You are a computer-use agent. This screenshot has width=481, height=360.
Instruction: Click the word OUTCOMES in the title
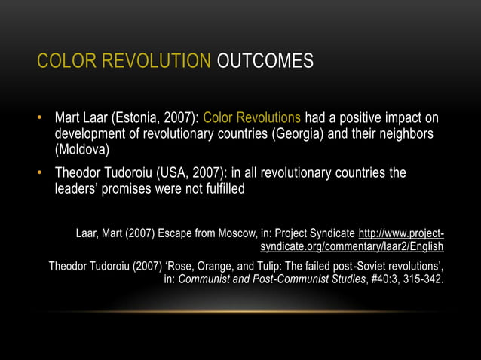click(x=265, y=61)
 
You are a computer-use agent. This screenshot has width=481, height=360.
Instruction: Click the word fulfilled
click(x=219, y=189)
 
